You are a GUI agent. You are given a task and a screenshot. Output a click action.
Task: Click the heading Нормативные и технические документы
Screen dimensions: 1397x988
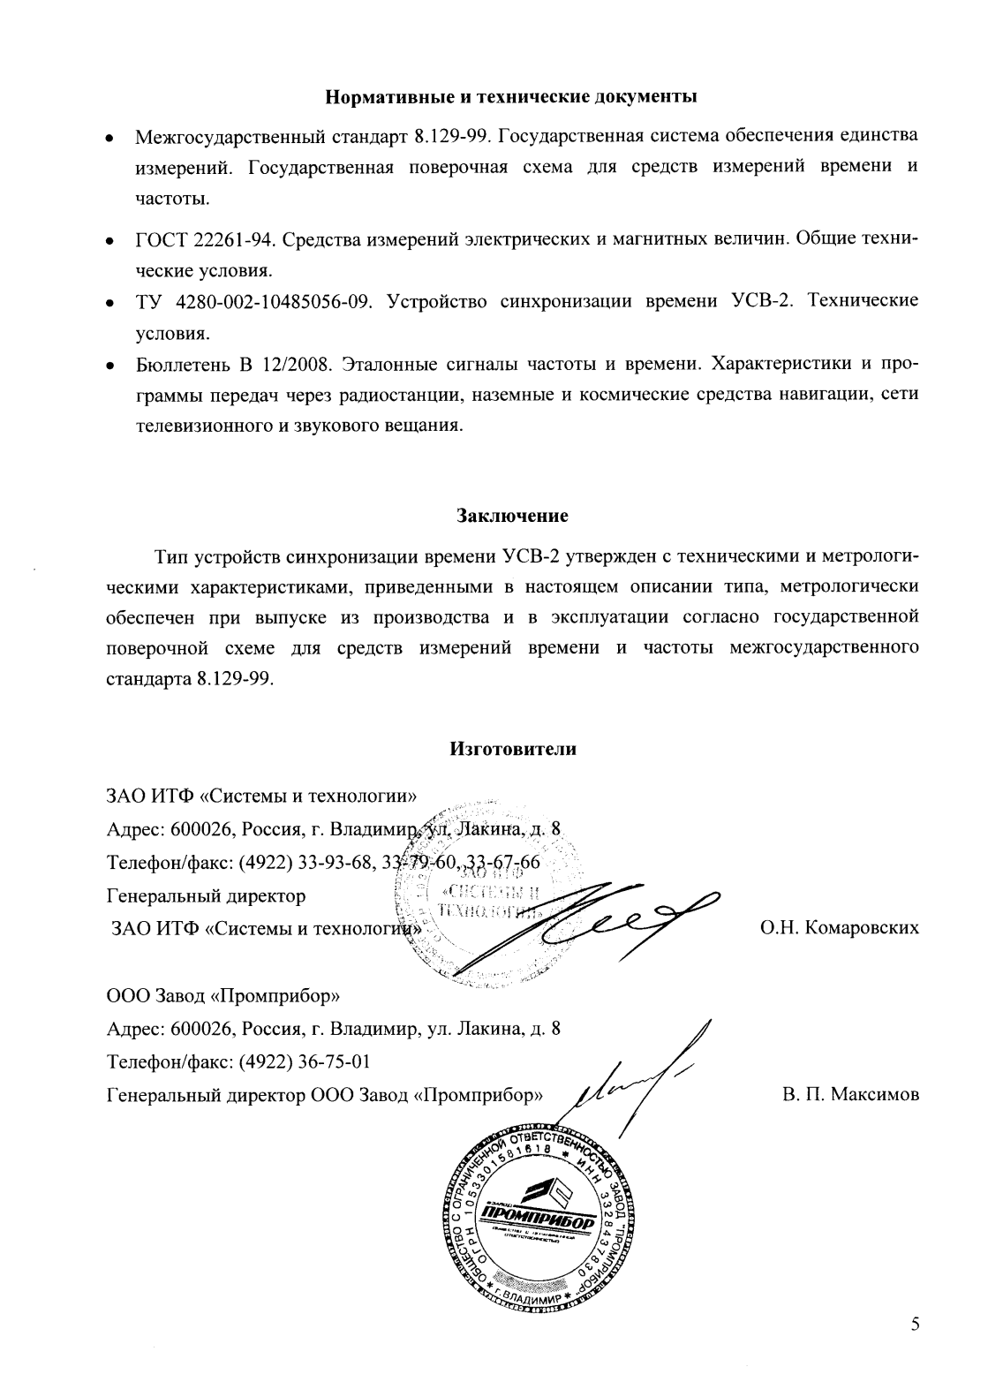[x=512, y=96]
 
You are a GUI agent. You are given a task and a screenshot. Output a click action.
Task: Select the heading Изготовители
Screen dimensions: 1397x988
[x=512, y=750]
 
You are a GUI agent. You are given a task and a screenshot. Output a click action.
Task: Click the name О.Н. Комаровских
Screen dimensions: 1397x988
[x=839, y=927]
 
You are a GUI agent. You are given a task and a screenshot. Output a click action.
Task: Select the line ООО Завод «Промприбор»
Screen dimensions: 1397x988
[x=222, y=996]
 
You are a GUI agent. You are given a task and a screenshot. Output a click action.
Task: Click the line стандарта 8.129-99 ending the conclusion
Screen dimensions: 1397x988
[x=190, y=680]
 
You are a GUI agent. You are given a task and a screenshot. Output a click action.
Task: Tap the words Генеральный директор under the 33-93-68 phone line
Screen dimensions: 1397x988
[x=206, y=895]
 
